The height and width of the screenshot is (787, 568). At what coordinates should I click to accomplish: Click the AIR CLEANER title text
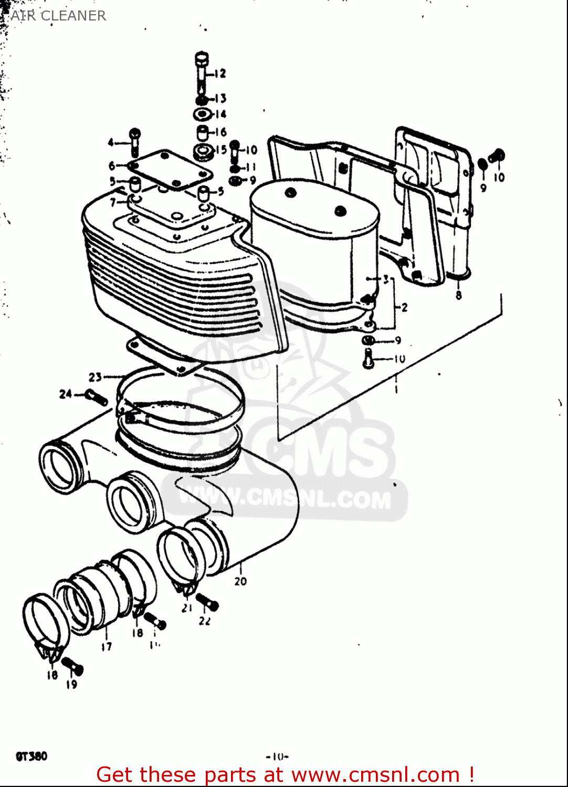(58, 16)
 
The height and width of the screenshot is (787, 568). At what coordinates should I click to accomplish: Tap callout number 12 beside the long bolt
(220, 73)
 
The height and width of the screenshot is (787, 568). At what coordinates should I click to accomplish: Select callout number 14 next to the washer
(220, 114)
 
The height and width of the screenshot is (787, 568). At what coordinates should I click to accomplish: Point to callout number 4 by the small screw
(111, 142)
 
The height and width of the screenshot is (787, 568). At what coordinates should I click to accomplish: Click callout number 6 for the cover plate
(112, 166)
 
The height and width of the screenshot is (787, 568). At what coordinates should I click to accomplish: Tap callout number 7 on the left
(113, 201)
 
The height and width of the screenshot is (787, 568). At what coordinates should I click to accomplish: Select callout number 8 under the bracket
(459, 295)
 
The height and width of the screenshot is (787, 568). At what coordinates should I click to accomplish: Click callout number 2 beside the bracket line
(404, 307)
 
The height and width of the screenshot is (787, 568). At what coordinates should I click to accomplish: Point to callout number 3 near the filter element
(386, 279)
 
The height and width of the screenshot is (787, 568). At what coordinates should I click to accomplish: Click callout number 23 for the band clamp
(95, 377)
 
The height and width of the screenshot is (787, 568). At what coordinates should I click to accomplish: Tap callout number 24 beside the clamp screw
(65, 393)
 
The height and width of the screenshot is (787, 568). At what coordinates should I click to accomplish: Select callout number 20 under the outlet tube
(240, 581)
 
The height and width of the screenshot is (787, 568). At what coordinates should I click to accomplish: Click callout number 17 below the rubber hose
(107, 646)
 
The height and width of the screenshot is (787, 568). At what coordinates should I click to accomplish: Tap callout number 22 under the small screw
(205, 621)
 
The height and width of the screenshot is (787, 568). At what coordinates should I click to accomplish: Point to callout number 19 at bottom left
(72, 684)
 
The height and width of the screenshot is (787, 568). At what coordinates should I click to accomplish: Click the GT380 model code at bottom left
(31, 756)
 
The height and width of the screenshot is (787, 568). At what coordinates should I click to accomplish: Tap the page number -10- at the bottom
(278, 757)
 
